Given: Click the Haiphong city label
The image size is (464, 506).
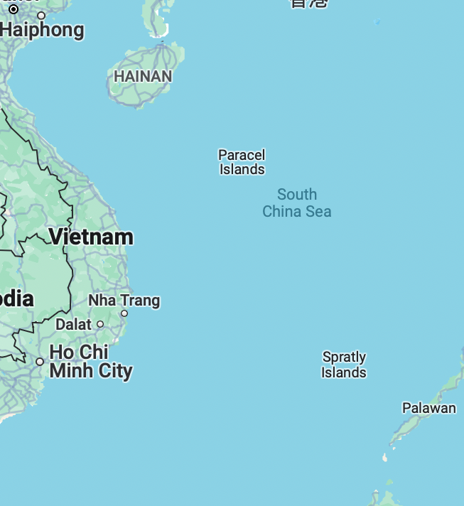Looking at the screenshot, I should (x=43, y=31).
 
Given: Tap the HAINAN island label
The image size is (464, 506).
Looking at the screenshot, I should (x=142, y=76).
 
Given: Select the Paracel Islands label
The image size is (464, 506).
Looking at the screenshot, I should (x=242, y=162).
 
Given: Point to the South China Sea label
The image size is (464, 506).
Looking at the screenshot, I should (x=297, y=203).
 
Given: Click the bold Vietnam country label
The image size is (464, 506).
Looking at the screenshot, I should (x=91, y=237).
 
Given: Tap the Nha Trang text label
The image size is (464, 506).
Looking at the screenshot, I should (x=124, y=301).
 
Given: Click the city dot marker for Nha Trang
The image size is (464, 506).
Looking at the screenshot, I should (x=124, y=313).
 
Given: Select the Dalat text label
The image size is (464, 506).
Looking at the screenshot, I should (x=73, y=324).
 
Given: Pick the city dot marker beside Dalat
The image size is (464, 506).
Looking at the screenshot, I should (x=100, y=324).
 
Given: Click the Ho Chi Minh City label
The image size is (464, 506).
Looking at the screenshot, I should (x=90, y=361).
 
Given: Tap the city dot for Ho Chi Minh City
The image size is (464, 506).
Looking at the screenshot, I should (x=40, y=362).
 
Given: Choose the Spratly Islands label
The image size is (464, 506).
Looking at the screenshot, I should (x=344, y=365).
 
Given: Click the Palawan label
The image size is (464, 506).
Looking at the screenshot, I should (x=429, y=408).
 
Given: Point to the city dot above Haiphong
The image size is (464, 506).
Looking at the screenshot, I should (x=41, y=15).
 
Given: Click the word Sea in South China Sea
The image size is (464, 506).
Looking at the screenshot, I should (x=318, y=211).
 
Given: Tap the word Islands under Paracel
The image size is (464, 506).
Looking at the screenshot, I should (x=242, y=169).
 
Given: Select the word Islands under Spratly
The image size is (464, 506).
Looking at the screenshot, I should (x=344, y=372).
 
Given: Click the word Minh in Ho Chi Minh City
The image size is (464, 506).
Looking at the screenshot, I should (x=70, y=370).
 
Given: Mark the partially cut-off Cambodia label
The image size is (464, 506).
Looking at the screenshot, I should (x=16, y=298).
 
